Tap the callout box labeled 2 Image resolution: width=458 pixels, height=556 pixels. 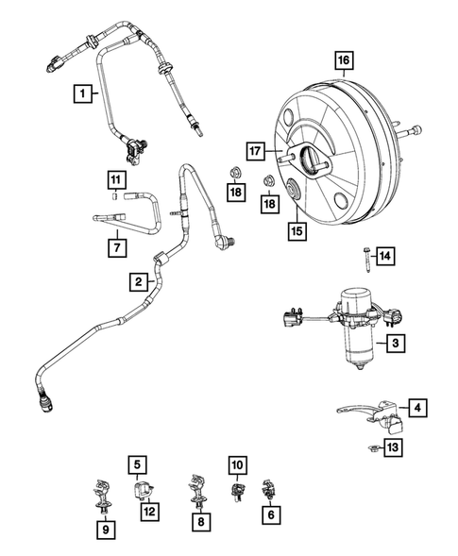[138, 281]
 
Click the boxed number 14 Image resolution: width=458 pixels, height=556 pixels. [384, 256]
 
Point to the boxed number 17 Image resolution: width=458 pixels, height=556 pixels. [254, 150]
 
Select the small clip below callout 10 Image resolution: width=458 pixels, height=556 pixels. [236, 491]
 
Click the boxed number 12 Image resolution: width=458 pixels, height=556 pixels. [147, 511]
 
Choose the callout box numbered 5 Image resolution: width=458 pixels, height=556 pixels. [138, 464]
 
